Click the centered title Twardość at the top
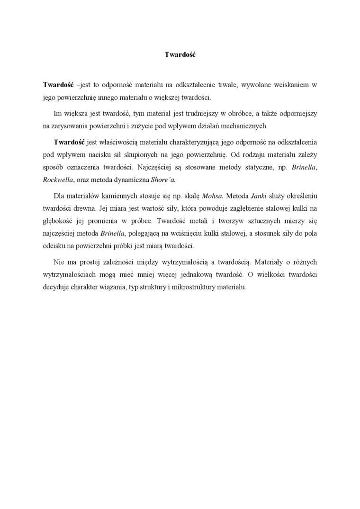(180, 54)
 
